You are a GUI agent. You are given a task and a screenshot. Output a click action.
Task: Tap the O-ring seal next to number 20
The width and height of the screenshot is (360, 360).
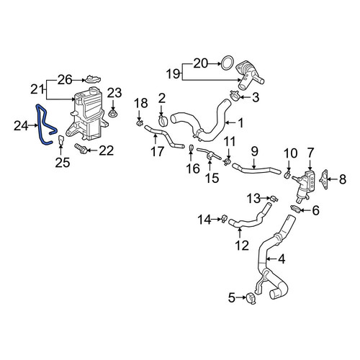pyautogui.click(x=227, y=63)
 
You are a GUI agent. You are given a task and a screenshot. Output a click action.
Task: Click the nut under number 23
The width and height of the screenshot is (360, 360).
pyautogui.click(x=112, y=113)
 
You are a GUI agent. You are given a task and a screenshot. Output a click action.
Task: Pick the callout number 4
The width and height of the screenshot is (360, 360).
pyautogui.click(x=282, y=259)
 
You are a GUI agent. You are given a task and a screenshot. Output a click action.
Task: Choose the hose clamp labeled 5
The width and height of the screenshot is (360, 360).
pyautogui.click(x=251, y=299)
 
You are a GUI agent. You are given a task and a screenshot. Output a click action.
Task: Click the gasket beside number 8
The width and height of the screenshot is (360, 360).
pyautogui.click(x=324, y=179)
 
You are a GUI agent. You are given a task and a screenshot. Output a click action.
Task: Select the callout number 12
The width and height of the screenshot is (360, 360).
pyautogui.click(x=242, y=246)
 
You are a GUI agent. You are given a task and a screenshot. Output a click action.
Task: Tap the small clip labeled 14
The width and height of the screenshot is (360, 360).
pyautogui.click(x=224, y=219)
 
